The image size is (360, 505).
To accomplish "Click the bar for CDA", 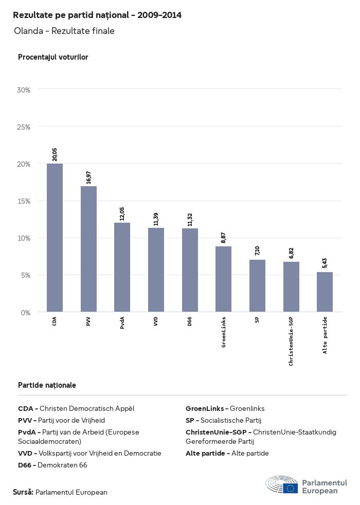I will point(55,238).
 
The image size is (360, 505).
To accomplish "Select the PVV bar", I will point(88,249).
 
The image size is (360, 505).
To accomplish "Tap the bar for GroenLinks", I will point(223,279).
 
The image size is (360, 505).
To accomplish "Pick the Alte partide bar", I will point(325,292).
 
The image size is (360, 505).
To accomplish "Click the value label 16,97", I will point(88,177).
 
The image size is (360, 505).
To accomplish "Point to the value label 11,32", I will point(190,220).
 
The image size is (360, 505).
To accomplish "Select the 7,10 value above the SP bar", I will point(257,251).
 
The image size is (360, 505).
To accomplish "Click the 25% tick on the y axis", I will point(24,127).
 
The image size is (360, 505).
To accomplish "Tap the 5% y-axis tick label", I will point(26,275).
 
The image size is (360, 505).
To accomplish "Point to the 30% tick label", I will point(24,90).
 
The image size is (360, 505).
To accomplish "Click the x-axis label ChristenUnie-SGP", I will point(291,341).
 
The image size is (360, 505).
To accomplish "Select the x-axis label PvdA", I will point(122,323).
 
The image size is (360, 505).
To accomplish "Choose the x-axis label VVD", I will point(156,321).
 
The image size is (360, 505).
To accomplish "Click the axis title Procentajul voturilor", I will point(53,57).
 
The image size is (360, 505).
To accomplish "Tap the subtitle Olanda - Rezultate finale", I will point(64,31).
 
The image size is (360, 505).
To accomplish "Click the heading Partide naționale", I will point(47,385).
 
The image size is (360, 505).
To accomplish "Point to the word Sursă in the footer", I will point(23,492).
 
